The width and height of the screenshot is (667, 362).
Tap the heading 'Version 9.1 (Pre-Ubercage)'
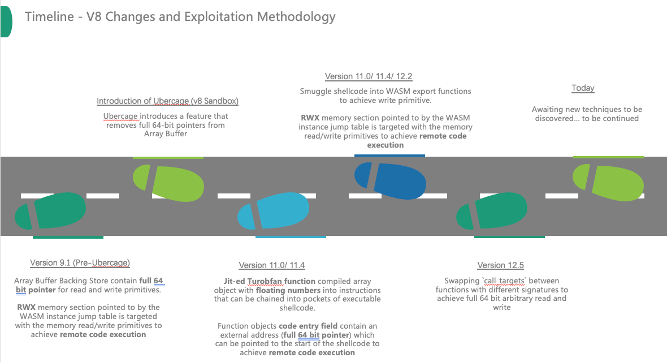point(80,263)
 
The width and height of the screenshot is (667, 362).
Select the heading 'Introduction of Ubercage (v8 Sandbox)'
point(167,101)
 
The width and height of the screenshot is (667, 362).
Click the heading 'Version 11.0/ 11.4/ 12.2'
point(373,76)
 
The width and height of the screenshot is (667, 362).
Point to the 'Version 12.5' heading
point(501,265)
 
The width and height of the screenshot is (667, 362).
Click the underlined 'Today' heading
point(583,88)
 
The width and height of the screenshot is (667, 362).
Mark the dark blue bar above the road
point(389,155)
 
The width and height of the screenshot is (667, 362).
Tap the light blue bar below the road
point(291,237)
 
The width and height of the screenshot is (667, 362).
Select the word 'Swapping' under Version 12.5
point(461,281)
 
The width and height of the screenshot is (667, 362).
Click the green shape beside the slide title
point(6,19)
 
